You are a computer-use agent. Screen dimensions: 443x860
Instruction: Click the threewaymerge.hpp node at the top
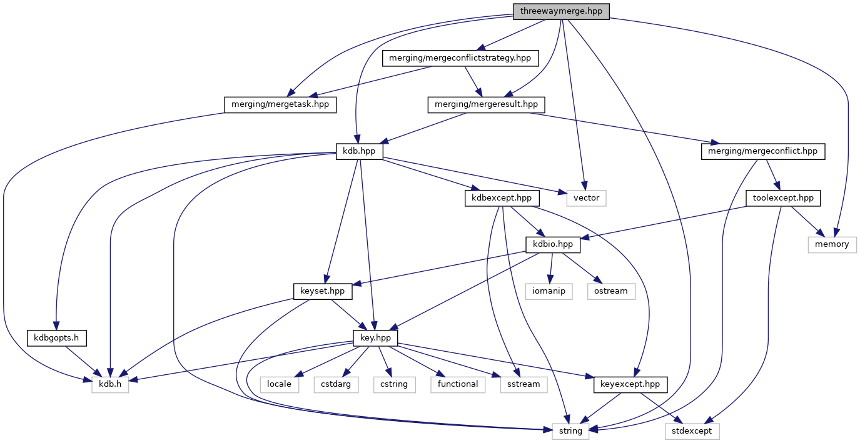point(560,11)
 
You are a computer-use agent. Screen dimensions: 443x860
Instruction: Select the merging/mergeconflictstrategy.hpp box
point(460,58)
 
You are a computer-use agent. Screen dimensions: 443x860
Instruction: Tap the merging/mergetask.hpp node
point(280,104)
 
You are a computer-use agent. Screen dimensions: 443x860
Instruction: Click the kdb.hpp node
point(359,151)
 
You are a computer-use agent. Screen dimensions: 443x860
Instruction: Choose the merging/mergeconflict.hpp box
point(763,151)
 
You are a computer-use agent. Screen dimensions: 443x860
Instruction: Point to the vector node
point(587,197)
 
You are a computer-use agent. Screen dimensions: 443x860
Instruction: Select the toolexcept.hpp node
point(783,197)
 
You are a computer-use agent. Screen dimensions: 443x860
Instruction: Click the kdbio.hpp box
point(554,244)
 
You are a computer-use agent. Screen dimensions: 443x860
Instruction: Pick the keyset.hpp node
point(323,291)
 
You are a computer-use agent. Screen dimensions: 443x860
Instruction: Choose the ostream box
point(610,291)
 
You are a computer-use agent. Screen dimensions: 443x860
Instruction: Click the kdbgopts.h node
point(56,337)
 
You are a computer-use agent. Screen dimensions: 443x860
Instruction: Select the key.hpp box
point(375,337)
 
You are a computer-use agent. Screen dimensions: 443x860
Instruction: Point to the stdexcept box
point(692,431)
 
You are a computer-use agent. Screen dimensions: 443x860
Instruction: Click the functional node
point(458,384)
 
